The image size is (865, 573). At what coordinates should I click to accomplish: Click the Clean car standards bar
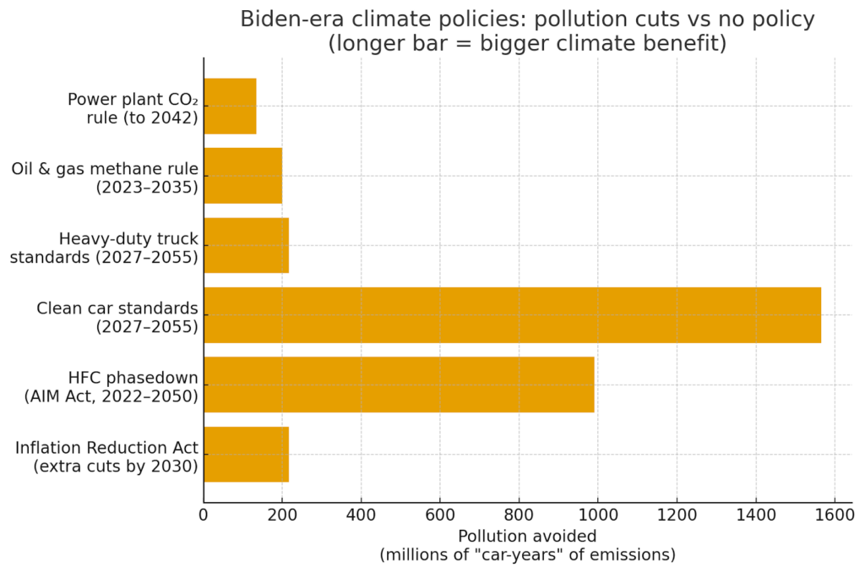coord(512,315)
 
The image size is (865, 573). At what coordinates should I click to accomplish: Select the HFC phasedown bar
coord(399,385)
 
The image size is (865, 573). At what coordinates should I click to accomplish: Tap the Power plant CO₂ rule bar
coord(230,106)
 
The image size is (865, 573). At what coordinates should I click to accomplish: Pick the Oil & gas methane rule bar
coord(242,176)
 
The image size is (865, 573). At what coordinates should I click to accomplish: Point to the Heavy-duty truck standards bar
coord(246,245)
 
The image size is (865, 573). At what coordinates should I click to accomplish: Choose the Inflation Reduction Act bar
coord(246,454)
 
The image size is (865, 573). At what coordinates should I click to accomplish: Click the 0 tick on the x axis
coord(204,515)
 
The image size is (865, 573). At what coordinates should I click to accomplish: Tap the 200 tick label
coord(282,515)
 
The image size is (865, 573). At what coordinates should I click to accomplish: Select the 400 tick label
coord(361,515)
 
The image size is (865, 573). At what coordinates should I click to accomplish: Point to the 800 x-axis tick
coord(519,515)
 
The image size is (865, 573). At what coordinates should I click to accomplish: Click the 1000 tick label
coord(598,515)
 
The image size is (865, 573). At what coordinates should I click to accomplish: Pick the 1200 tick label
coord(677,515)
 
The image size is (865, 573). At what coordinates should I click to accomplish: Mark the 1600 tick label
coord(835,515)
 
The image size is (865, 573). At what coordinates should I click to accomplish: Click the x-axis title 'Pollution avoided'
coord(527,537)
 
